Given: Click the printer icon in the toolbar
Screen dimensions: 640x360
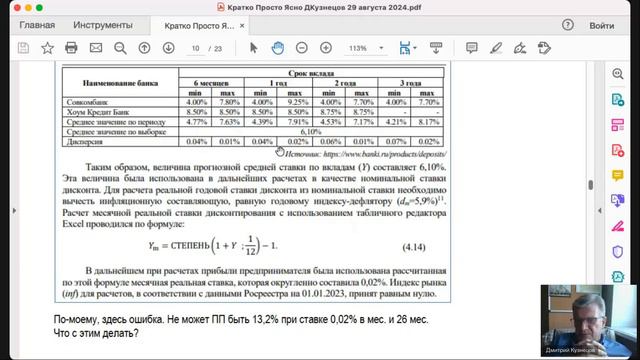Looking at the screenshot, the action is [71, 47].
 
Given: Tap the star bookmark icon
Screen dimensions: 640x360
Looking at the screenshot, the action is [47, 47].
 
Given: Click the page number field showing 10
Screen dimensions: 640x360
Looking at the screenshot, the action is [197, 47].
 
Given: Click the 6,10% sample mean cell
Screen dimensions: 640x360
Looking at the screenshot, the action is [309, 131].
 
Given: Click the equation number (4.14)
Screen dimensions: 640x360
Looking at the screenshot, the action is [416, 244].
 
